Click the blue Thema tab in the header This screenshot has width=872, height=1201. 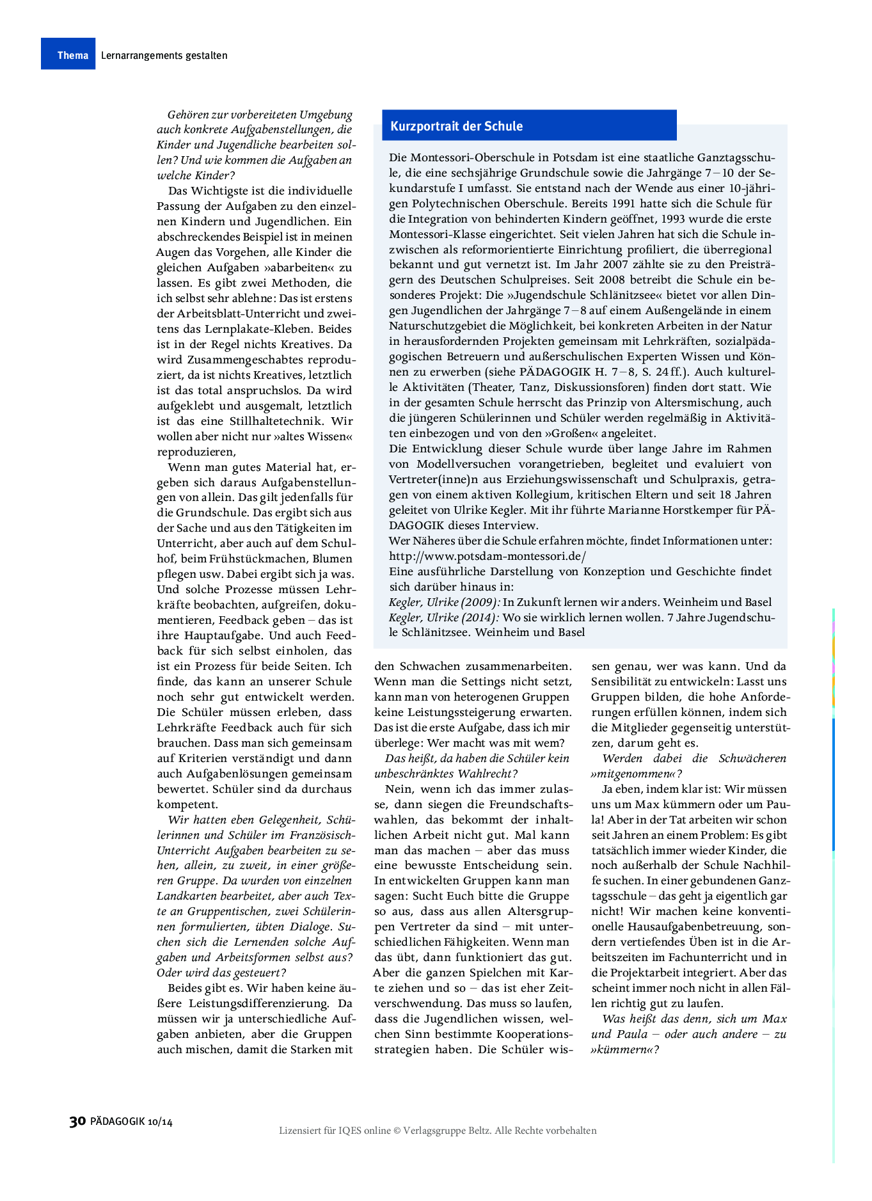(68, 54)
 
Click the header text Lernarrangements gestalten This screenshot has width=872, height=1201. (164, 55)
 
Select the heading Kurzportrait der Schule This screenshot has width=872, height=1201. (456, 126)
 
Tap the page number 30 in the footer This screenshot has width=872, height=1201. (77, 1121)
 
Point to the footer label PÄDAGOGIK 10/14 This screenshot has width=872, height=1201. (131, 1122)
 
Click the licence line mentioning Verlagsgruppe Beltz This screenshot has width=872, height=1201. (437, 1131)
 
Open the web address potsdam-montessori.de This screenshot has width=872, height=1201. (487, 556)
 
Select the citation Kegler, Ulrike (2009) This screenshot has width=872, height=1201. (444, 602)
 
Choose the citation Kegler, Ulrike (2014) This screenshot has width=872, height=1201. (444, 617)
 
